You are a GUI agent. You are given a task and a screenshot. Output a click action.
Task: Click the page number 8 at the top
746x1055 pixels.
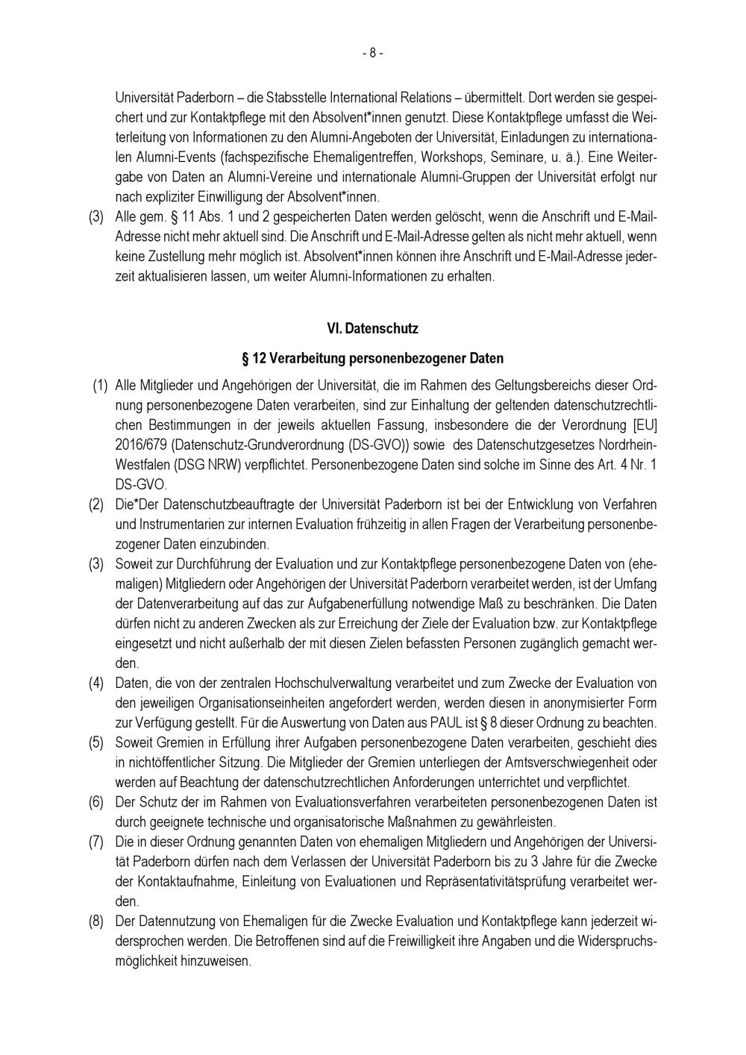[372, 53]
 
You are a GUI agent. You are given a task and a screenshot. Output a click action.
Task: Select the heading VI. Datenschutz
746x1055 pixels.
[372, 328]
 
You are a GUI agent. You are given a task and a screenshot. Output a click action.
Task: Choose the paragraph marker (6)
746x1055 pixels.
[96, 803]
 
